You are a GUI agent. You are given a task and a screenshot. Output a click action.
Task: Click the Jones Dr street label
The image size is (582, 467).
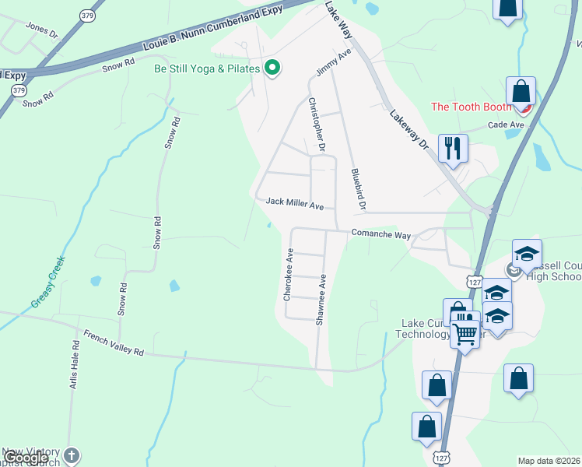tap(42, 30)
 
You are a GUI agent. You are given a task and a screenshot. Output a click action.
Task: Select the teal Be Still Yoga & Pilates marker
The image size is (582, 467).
tap(272, 68)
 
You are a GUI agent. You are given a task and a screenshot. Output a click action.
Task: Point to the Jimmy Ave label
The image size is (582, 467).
tap(334, 61)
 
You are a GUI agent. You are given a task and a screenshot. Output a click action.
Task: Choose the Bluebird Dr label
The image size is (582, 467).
tap(358, 190)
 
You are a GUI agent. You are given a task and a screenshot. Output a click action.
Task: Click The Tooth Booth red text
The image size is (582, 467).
tap(472, 107)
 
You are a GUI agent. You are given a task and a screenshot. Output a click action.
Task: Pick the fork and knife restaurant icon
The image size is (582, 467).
tap(452, 146)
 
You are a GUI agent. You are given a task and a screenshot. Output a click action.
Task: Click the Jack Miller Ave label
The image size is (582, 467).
tap(294, 202)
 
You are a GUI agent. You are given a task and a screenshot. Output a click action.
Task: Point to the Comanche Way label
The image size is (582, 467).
tap(380, 233)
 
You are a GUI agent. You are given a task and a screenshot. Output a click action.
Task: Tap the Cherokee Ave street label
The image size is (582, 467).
tap(287, 275)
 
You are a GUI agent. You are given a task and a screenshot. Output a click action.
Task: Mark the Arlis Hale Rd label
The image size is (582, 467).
tap(75, 366)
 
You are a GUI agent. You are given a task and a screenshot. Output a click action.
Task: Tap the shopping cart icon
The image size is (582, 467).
tap(465, 334)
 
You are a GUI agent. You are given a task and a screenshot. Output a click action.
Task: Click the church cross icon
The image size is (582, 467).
tap(71, 455)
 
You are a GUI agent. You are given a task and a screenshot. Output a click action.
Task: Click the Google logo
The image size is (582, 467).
tap(26, 458)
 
